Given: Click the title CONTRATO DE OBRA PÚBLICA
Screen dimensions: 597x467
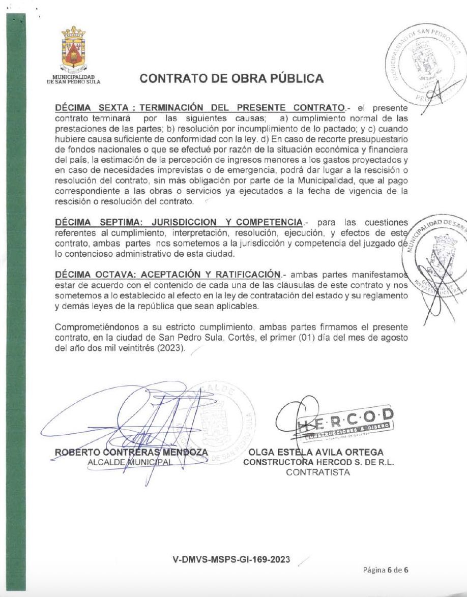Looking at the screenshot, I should point(231,78).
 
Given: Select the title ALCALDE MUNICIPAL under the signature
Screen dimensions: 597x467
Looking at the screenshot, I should point(130,462).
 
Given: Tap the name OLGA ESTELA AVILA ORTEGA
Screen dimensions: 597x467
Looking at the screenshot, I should point(315,452).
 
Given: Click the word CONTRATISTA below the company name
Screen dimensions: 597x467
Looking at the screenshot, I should point(318,472).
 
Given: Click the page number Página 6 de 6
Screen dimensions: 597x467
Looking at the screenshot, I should point(386,570).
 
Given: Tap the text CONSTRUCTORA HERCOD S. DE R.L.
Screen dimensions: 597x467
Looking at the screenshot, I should point(319,462).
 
